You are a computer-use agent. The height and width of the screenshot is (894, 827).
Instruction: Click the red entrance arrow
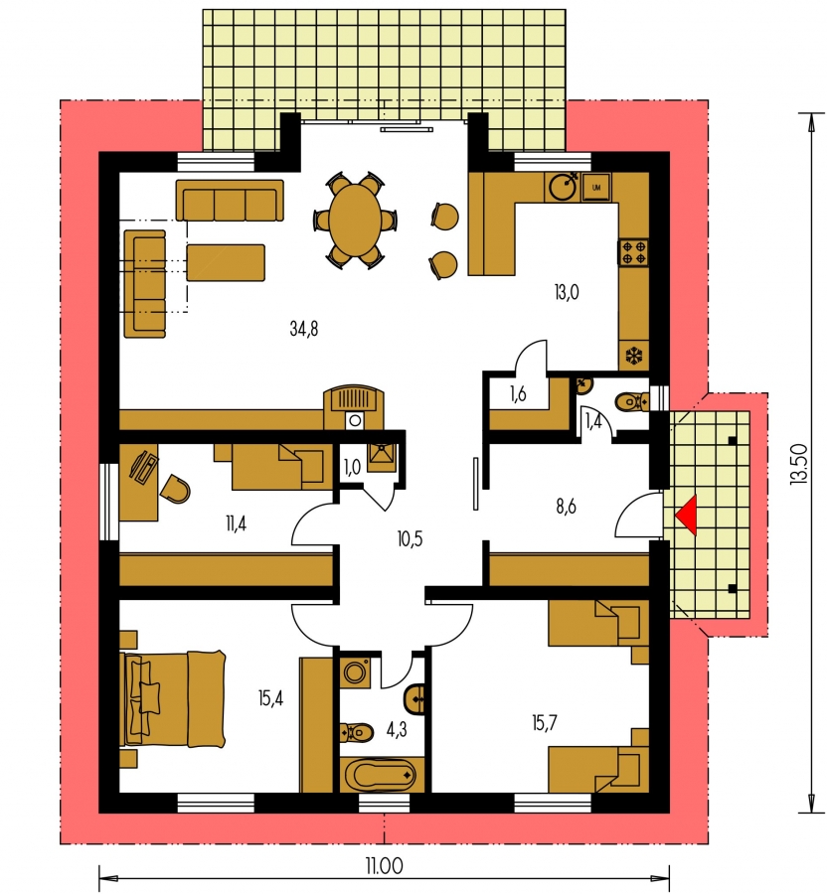click(x=687, y=516)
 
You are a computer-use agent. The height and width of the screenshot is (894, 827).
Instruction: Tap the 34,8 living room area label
click(x=304, y=329)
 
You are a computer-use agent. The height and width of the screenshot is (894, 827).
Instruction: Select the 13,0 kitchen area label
click(x=567, y=292)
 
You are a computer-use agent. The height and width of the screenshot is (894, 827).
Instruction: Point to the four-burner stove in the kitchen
click(x=633, y=252)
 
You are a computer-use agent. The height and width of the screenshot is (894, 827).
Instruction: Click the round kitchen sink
click(x=564, y=186)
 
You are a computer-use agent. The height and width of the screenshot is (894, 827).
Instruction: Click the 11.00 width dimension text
click(x=384, y=866)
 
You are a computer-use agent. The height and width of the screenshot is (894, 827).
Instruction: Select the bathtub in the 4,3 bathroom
click(x=382, y=775)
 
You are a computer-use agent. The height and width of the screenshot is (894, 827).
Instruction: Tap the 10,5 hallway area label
click(x=410, y=538)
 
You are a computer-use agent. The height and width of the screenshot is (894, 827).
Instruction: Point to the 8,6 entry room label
click(x=566, y=506)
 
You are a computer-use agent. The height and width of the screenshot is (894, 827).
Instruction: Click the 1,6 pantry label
click(x=518, y=394)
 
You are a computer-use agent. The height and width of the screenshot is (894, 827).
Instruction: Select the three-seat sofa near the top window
click(x=230, y=200)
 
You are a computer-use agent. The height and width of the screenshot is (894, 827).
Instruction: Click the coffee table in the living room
click(x=226, y=262)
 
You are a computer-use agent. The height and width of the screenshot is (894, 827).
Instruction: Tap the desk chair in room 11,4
click(x=175, y=489)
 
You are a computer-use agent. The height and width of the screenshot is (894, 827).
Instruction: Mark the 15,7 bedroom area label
click(x=544, y=723)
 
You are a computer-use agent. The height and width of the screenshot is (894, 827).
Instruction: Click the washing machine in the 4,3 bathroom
click(x=356, y=672)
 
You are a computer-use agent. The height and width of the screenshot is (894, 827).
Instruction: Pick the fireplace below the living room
click(x=354, y=407)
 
